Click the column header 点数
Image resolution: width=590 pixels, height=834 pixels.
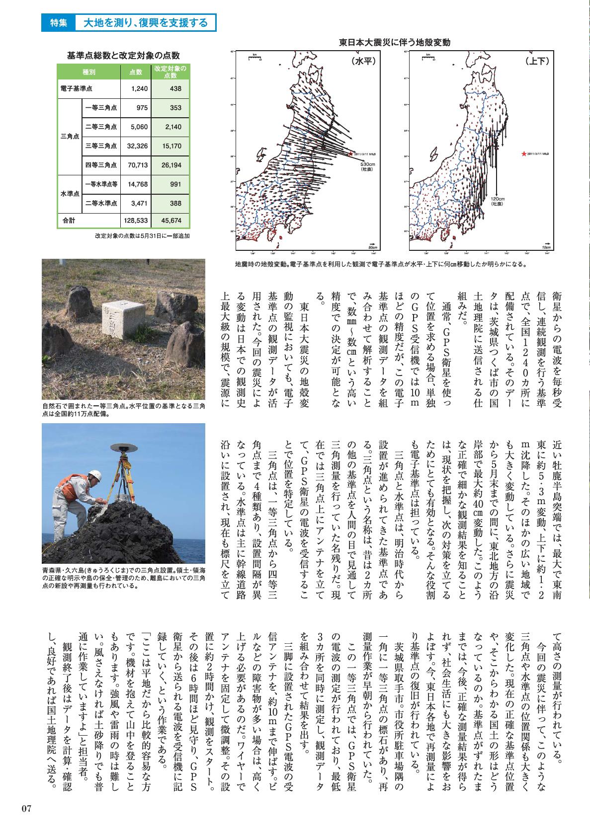coord(136,73)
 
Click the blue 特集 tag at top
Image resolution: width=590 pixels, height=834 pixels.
coord(58,23)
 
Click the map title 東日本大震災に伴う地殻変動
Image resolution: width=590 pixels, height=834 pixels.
coord(394,43)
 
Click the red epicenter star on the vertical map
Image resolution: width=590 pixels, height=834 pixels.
coord(523,154)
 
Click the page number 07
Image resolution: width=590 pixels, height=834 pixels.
coord(26,808)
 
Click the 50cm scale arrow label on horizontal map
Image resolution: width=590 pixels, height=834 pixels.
coord(372,247)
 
